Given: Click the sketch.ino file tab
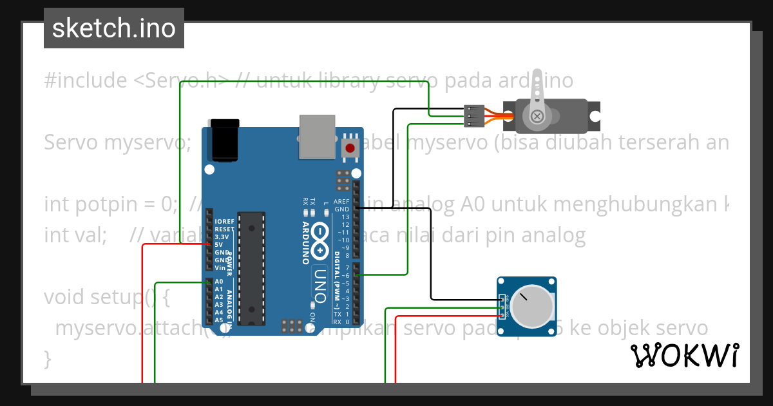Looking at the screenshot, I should pyautogui.click(x=113, y=28).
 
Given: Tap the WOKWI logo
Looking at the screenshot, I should pyautogui.click(x=684, y=355).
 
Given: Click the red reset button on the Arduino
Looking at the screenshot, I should pyautogui.click(x=350, y=148).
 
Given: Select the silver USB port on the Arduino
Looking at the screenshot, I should pyautogui.click(x=317, y=136).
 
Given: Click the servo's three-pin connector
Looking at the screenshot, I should pyautogui.click(x=472, y=115).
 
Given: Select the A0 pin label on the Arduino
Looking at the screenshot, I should pyautogui.click(x=218, y=282).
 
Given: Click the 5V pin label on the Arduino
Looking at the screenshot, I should pyautogui.click(x=219, y=244).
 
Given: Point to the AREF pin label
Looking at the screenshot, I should pyautogui.click(x=341, y=201).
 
